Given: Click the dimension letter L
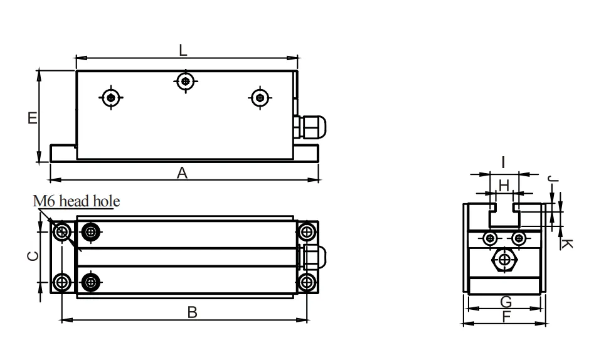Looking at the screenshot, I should pyautogui.click(x=183, y=51).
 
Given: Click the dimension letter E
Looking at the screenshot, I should pyautogui.click(x=32, y=118).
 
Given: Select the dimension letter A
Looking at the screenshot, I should pyautogui.click(x=182, y=173).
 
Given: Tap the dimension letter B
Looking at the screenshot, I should pyautogui.click(x=193, y=312).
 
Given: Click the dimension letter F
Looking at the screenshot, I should pyautogui.click(x=506, y=317).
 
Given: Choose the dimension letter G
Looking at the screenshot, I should pyautogui.click(x=506, y=302).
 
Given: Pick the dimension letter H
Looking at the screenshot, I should pyautogui.click(x=503, y=184).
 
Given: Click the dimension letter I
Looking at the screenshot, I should pyautogui.click(x=503, y=162).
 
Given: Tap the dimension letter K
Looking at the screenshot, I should pyautogui.click(x=565, y=242).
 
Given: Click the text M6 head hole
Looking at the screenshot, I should pyautogui.click(x=77, y=201).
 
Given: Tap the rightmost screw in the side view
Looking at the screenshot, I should pyautogui.click(x=259, y=97).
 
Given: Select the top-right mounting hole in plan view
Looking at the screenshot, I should pyautogui.click(x=307, y=232).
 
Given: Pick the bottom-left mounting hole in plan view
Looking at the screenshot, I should pyautogui.click(x=61, y=282).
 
